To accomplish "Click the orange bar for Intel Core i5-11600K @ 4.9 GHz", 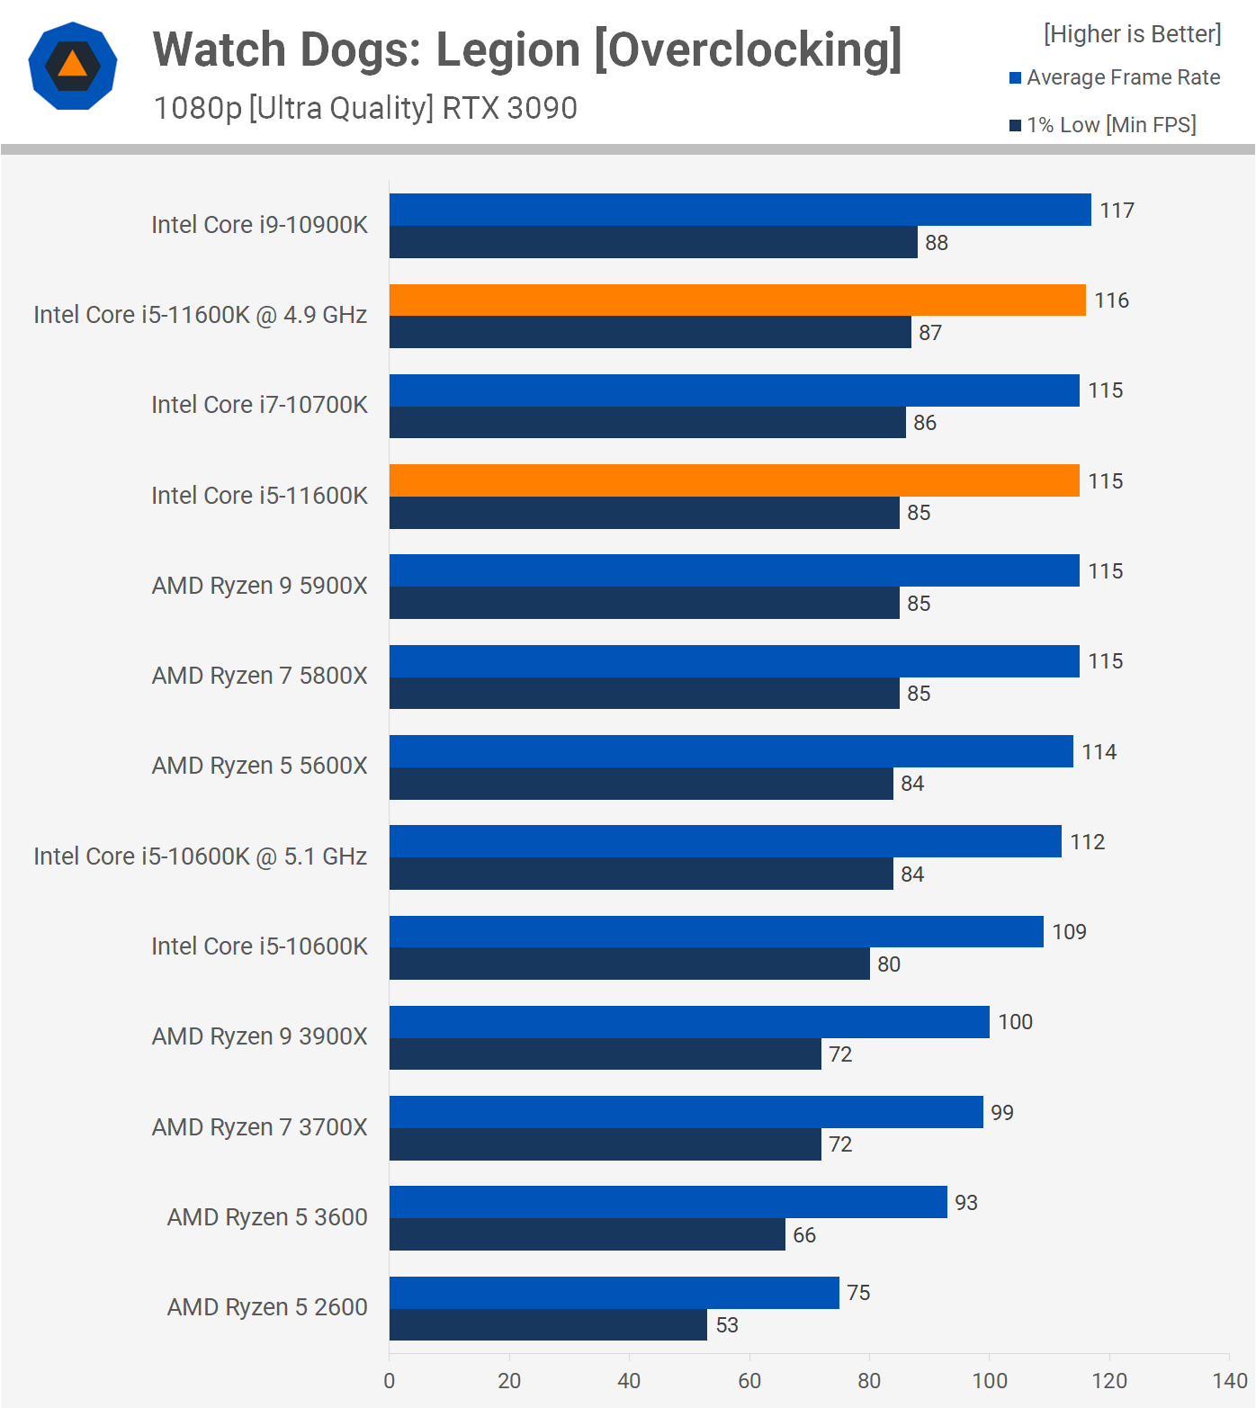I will coord(737,300).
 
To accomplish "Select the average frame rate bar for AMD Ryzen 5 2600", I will coord(614,1293).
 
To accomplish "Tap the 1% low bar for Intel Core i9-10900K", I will coord(653,242).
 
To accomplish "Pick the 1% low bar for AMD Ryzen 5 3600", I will coord(587,1234).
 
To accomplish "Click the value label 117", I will coord(1117,211).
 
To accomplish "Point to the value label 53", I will coord(727,1325).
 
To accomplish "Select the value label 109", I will coord(1069,932).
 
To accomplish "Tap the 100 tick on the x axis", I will coord(990,1381).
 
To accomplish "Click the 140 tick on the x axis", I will coord(1229,1381).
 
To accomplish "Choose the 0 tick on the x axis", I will coord(390,1381).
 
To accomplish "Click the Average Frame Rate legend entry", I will coord(1115,78).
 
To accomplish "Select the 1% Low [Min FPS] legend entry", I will coord(1103,125).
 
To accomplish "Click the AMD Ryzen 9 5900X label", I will coord(259,586).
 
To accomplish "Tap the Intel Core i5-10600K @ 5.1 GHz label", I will coord(200,856).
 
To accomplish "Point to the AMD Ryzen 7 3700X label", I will coord(259,1127).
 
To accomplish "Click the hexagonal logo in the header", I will coord(73,66).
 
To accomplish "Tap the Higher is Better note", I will coord(1132,34).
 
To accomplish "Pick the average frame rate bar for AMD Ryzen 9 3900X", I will coord(689,1022).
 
